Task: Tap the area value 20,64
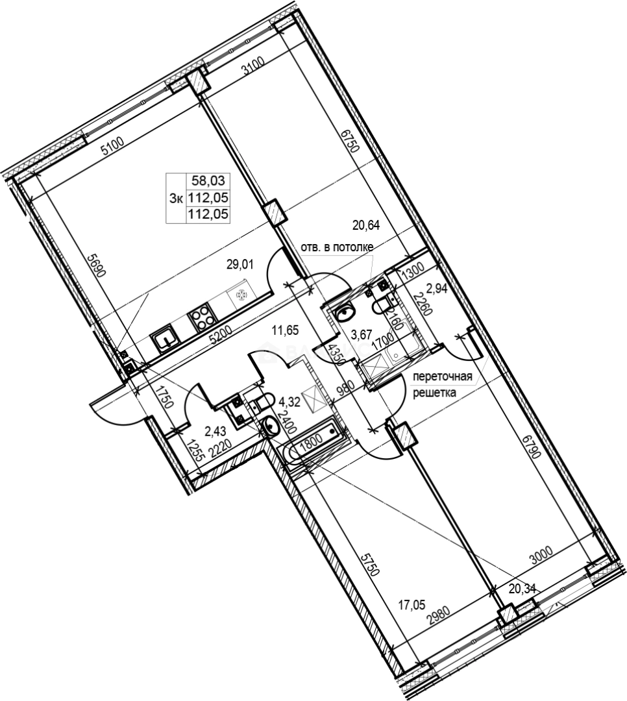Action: click(x=365, y=226)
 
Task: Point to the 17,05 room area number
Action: click(x=412, y=605)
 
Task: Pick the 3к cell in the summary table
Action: click(x=176, y=199)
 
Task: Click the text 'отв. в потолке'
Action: click(x=336, y=247)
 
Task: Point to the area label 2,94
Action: click(x=438, y=288)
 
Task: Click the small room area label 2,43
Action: click(x=215, y=430)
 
